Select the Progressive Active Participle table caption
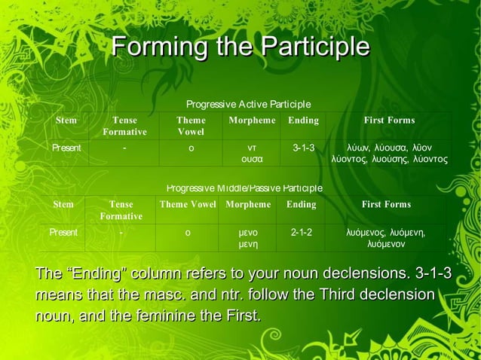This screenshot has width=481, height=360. [x=248, y=104]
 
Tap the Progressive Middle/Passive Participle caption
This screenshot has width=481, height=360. [x=244, y=188]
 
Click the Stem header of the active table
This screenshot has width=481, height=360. [x=66, y=121]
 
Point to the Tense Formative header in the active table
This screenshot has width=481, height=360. [x=124, y=126]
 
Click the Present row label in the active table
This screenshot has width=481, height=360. [x=66, y=148]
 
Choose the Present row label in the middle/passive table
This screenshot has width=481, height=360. [x=63, y=233]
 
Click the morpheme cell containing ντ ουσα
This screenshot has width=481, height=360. [x=251, y=153]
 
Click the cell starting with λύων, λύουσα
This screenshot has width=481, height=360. [x=389, y=153]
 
